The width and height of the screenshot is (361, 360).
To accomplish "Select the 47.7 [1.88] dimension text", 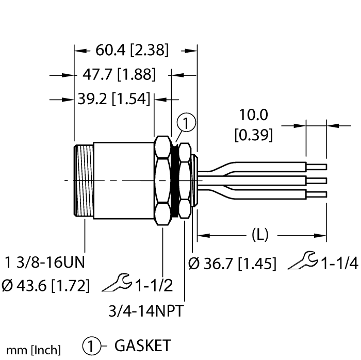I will pyautogui.click(x=119, y=75).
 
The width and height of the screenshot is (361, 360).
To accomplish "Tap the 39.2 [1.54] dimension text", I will pyautogui.click(x=113, y=99).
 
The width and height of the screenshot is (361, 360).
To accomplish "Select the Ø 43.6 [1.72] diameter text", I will pyautogui.click(x=45, y=284).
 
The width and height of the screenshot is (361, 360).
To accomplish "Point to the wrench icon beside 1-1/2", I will pyautogui.click(x=118, y=282).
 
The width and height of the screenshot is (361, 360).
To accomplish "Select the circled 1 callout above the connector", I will pyautogui.click(x=186, y=124).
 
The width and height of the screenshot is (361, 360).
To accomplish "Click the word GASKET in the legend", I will pyautogui.click(x=142, y=345).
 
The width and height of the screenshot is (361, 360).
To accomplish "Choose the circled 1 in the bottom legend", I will pyautogui.click(x=91, y=345).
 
